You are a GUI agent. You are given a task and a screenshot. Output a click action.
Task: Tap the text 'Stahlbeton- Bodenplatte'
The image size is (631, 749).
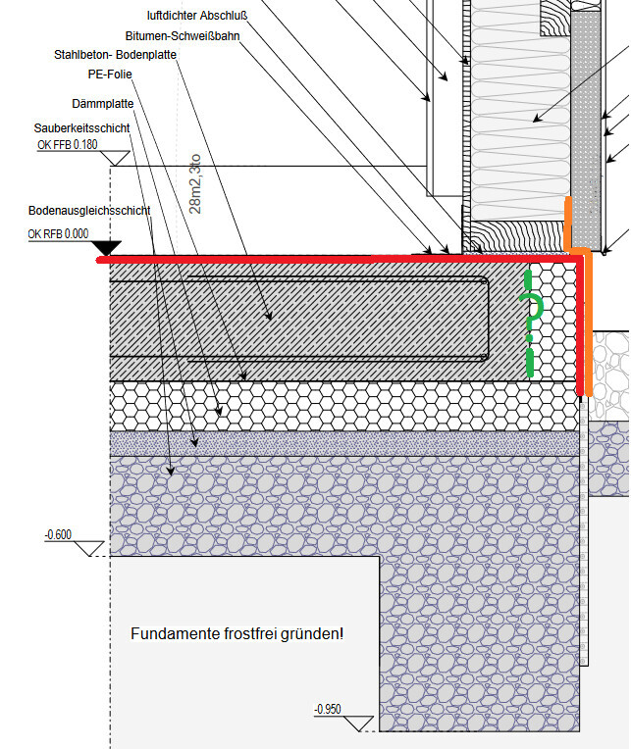(115, 55)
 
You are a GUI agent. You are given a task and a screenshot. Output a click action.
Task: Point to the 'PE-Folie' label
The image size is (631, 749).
(110, 74)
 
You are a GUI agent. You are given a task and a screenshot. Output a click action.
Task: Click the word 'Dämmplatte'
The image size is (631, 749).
(103, 103)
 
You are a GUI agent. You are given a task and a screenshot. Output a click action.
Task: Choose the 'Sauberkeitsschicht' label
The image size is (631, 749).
(81, 128)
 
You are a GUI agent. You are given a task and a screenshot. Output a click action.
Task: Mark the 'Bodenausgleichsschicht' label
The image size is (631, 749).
(88, 211)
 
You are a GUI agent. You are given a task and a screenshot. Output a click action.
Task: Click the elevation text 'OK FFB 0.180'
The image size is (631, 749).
(68, 146)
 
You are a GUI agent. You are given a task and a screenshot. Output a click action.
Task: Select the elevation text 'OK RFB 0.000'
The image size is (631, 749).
(59, 233)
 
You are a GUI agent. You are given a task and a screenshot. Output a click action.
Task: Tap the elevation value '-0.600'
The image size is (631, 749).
(58, 534)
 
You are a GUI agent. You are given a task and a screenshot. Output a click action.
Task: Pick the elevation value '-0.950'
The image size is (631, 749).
(328, 709)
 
